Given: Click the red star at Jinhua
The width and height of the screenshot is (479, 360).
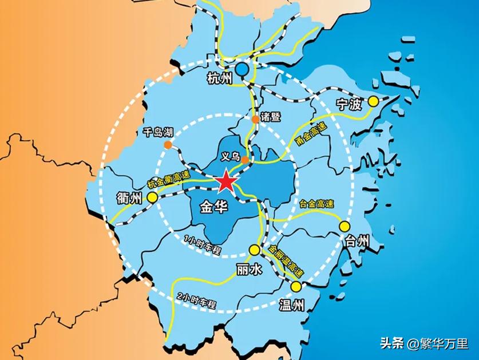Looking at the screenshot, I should [225, 182].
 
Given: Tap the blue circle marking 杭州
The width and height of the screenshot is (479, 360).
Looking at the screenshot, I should [243, 69].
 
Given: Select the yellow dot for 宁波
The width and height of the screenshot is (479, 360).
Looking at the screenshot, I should [373, 102].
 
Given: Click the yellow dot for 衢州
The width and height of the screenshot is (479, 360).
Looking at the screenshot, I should [153, 197].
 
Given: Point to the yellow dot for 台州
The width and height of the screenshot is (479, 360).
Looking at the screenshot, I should [345, 226].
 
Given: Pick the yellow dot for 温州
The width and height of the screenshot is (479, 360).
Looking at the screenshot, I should [296, 286].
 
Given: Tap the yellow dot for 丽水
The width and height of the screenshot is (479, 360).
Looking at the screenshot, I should [254, 250].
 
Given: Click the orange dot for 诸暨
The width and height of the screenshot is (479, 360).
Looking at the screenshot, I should [255, 119].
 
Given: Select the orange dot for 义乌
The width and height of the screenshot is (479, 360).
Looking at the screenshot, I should [245, 160].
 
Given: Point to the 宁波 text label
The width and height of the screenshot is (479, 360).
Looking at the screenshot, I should [350, 105].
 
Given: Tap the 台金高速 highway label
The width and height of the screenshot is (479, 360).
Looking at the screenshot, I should [316, 204].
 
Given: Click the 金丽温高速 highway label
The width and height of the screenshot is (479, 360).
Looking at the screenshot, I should [284, 260].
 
